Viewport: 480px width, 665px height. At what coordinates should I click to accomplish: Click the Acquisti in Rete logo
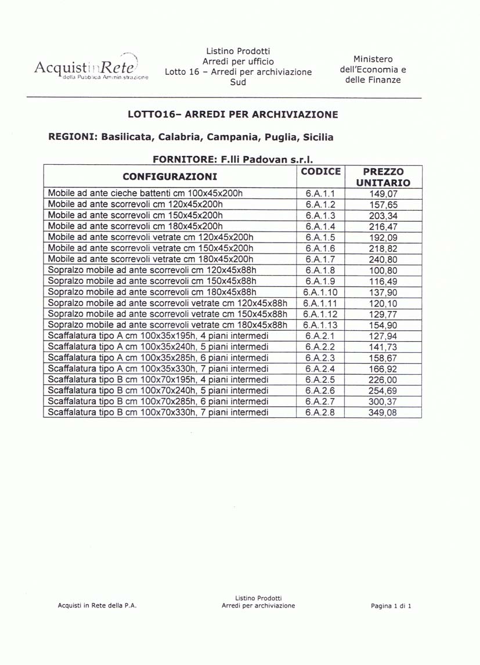pos(91,68)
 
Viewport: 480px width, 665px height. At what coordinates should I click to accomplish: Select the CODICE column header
pos(320,172)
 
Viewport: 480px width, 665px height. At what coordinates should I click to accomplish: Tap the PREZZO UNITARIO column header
pos(382,177)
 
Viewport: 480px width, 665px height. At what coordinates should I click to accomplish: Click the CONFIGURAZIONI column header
pos(170,176)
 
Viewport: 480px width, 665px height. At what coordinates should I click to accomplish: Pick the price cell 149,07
pos(383,194)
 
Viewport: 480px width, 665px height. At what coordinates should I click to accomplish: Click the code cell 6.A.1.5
pos(320,237)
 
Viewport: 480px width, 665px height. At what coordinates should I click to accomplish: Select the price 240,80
pos(383,259)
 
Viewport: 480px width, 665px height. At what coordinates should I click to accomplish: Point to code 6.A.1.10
pos(320,292)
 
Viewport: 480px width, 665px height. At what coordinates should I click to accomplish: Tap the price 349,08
pos(383,413)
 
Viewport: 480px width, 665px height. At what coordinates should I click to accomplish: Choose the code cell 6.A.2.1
pos(320,336)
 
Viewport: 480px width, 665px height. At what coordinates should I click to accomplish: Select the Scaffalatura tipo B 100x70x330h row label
pos(158,413)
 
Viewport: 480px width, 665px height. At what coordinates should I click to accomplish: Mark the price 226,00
pos(383,380)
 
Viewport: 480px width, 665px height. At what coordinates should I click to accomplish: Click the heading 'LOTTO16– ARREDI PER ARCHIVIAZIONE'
pos(232,114)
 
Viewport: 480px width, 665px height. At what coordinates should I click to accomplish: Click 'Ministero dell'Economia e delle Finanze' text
pos(373,70)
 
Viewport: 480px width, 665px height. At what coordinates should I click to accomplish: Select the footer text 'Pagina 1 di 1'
pos(391,606)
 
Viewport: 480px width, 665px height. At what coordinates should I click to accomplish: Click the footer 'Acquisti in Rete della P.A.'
pos(97,606)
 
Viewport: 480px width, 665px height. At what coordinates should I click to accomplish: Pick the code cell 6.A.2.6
pos(320,391)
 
